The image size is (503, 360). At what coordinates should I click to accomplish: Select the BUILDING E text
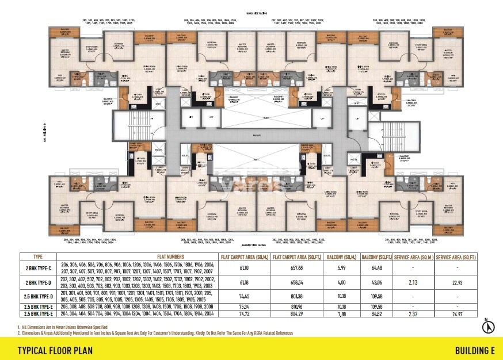(x=475, y=350)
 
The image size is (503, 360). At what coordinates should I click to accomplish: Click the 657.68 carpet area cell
(x=297, y=268)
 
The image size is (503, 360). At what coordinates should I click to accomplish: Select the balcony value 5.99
(x=342, y=268)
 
